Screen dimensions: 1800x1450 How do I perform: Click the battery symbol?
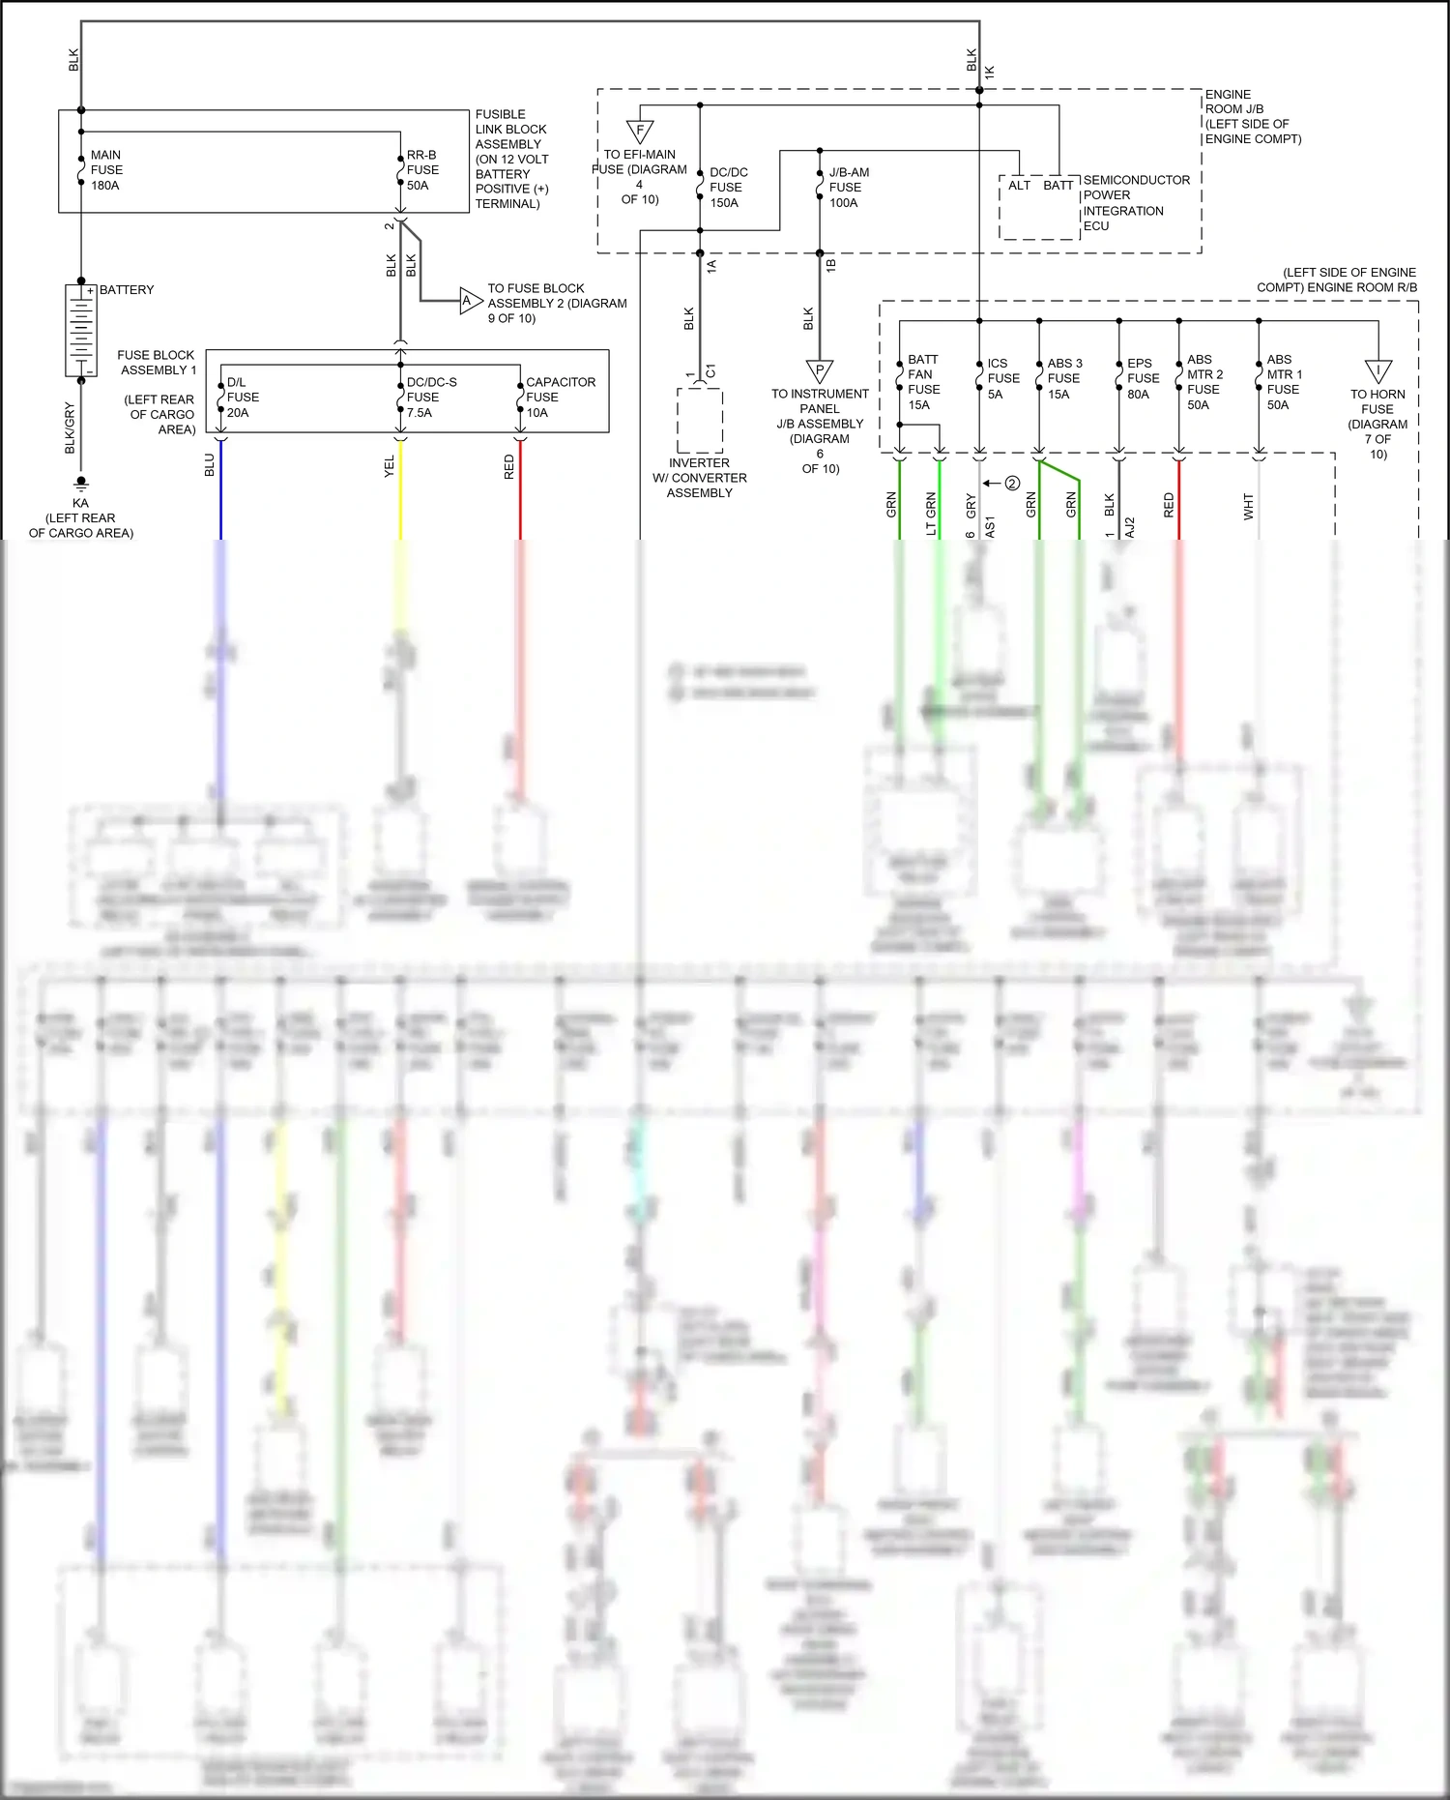click(x=80, y=330)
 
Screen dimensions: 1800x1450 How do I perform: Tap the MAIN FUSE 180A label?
click(x=106, y=169)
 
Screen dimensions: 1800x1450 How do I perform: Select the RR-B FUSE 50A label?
click(x=422, y=169)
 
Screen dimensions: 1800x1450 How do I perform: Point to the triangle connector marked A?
click(x=469, y=301)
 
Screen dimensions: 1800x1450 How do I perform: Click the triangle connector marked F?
click(x=640, y=131)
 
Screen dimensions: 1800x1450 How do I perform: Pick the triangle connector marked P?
click(x=819, y=370)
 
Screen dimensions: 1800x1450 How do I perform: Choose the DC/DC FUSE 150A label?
click(x=728, y=188)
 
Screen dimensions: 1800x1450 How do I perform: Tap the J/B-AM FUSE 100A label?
click(x=848, y=188)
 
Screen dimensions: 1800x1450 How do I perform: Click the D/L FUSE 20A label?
click(x=242, y=398)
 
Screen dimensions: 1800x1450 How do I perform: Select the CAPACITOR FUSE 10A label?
click(x=560, y=398)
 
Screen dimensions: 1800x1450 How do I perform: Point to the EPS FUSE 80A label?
click(x=1143, y=378)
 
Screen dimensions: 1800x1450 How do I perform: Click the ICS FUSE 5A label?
click(x=1002, y=378)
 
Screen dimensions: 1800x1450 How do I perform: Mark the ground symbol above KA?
click(x=81, y=483)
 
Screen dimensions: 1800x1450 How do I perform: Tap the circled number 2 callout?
click(x=1012, y=483)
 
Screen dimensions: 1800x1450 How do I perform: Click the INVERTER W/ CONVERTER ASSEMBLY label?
click(x=699, y=478)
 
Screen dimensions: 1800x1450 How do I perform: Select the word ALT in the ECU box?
click(x=1020, y=186)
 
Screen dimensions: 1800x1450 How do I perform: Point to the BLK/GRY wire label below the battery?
click(x=70, y=428)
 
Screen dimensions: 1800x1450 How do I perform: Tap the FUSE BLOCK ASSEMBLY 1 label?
click(x=157, y=363)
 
